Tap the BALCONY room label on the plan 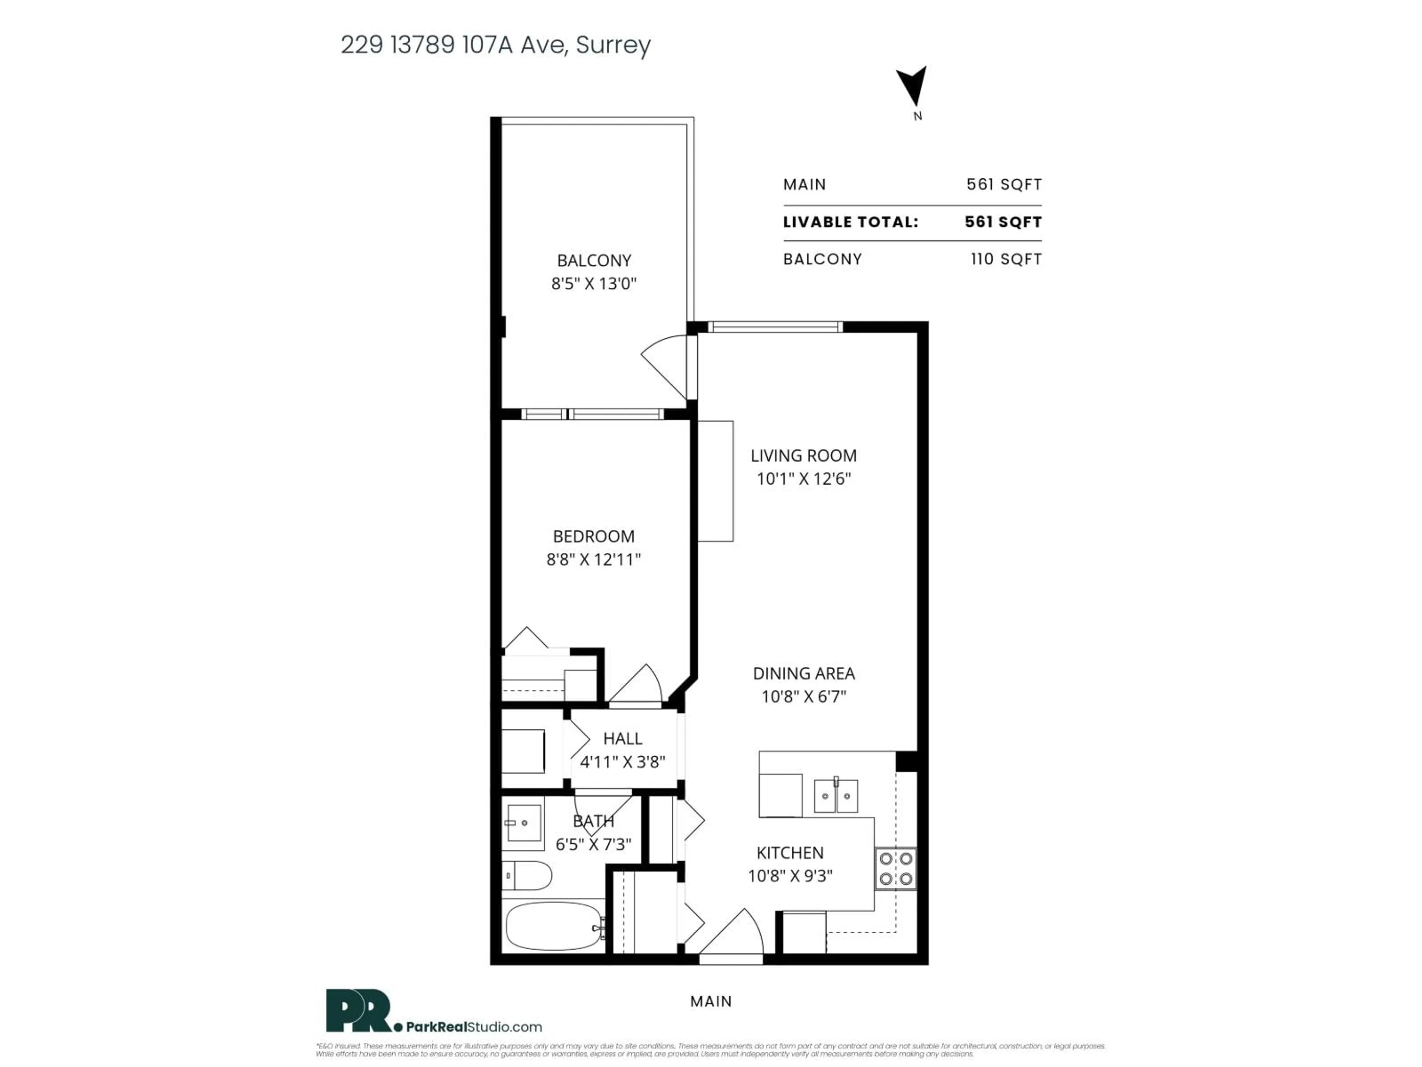[593, 260]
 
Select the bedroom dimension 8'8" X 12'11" [593, 559]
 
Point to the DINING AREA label [804, 674]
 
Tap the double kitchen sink [836, 796]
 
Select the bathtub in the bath [554, 926]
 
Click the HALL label [622, 738]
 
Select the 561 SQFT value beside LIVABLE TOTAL [1003, 222]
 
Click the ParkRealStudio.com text [474, 1027]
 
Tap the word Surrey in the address [613, 45]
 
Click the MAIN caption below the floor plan [711, 1001]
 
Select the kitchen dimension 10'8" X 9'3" [790, 876]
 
